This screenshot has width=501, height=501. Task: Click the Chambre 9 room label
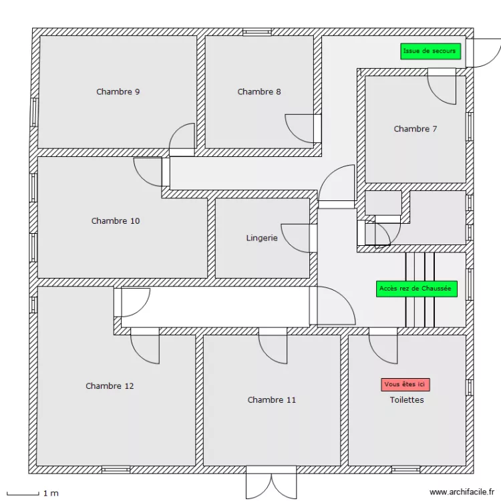point(118,92)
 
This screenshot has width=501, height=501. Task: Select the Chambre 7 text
point(415,129)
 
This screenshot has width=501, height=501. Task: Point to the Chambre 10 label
point(116,220)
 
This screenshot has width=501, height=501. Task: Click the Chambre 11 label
point(271,399)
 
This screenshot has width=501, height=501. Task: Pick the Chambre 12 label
point(110,385)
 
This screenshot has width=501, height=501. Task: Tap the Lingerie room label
point(261,237)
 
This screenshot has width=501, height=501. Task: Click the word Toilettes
point(407,399)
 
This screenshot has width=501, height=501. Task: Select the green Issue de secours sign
point(430,51)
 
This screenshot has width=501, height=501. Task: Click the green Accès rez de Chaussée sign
point(416,289)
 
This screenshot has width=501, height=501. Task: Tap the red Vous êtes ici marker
point(405,384)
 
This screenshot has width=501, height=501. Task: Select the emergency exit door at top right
point(482,52)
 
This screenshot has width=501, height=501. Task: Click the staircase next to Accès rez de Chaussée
point(420,289)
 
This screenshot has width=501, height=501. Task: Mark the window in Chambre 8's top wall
point(257,31)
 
